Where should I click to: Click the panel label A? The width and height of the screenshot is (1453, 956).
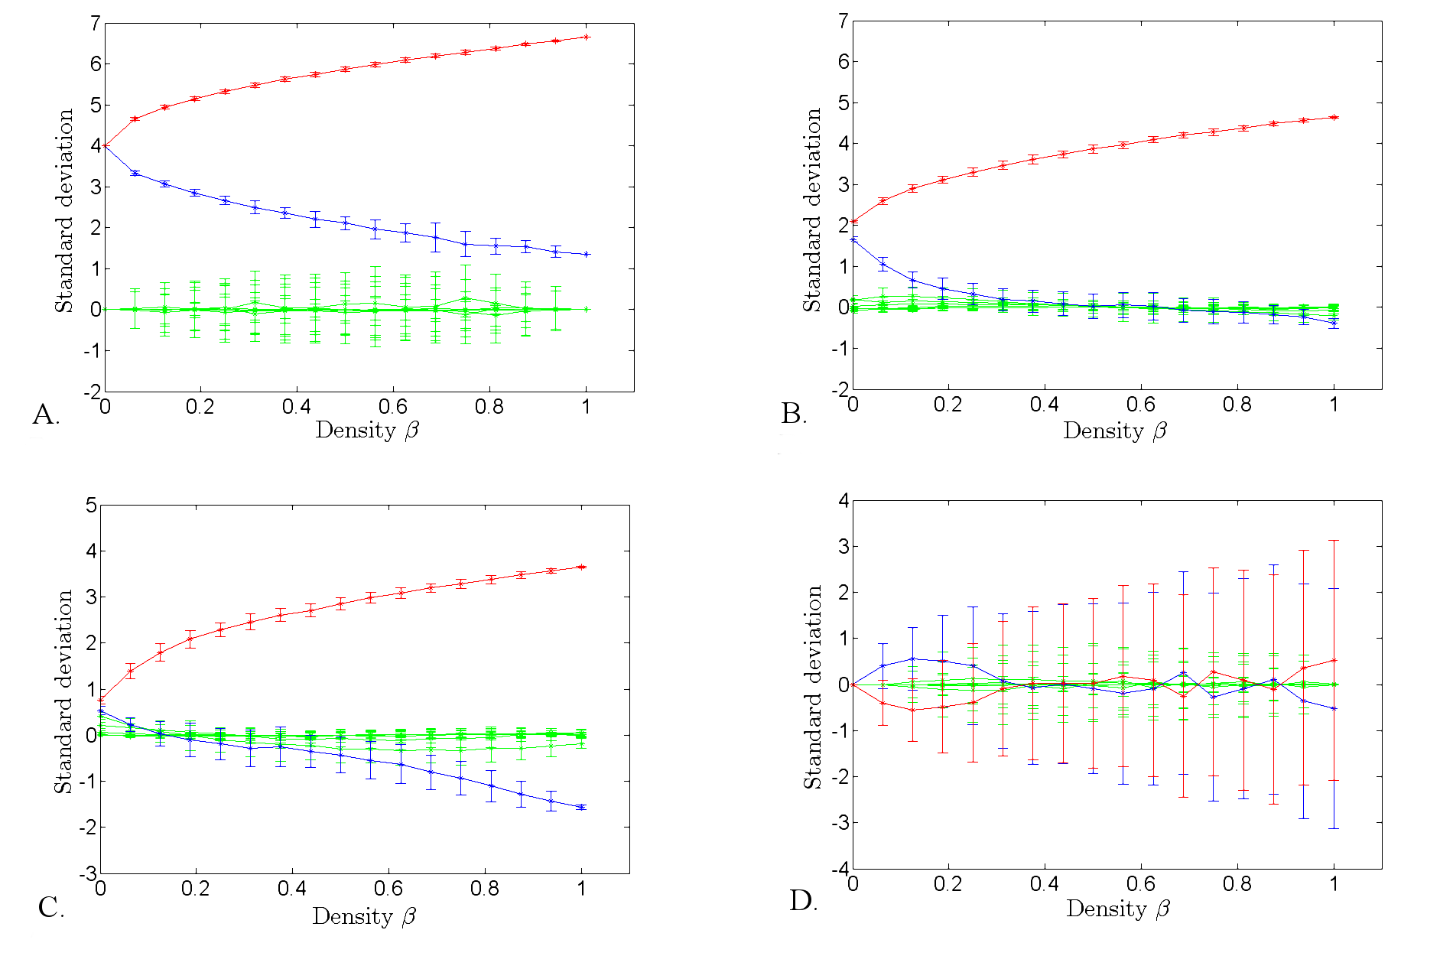click(45, 415)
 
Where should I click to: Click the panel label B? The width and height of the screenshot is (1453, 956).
click(793, 414)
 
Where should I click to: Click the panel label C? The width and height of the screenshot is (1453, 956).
click(50, 908)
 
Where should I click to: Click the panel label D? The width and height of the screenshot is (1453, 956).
click(803, 901)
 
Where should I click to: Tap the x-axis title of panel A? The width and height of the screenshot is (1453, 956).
click(367, 430)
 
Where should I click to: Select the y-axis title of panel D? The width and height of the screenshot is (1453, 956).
click(812, 687)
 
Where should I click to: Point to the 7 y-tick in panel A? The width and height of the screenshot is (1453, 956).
click(95, 24)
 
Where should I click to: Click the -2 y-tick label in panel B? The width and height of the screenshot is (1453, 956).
click(840, 390)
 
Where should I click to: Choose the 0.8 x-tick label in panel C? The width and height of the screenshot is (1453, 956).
click(485, 889)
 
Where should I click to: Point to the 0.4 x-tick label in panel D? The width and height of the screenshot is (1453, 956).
click(1044, 884)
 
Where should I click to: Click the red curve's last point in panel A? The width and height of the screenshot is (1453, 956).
click(586, 37)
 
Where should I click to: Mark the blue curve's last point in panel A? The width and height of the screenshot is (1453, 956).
click(586, 254)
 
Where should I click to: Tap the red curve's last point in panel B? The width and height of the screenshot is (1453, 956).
click(1334, 117)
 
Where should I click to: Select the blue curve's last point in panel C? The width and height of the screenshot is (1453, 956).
click(582, 807)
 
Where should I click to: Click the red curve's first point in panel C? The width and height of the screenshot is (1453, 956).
click(100, 699)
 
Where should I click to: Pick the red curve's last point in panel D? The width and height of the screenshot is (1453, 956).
click(1334, 660)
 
